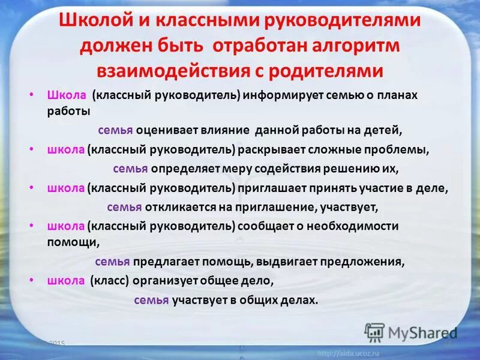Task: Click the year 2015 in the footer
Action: coord(57,343)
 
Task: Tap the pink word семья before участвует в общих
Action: coord(151,300)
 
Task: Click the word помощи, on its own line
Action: coord(66,242)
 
